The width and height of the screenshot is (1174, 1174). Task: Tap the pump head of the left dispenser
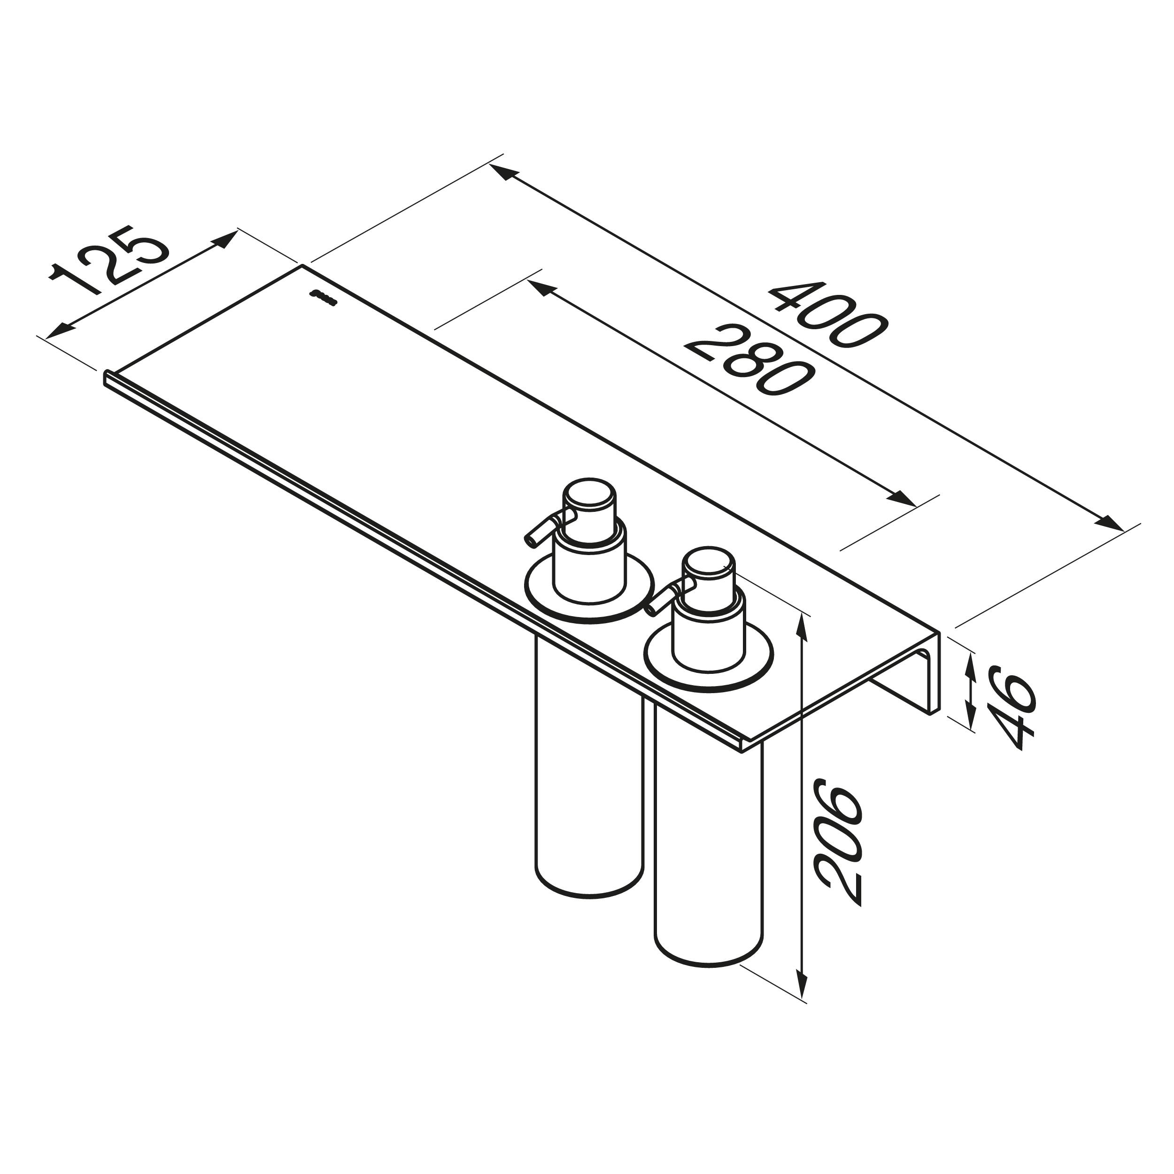(589, 502)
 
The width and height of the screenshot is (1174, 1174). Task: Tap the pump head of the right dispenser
(709, 571)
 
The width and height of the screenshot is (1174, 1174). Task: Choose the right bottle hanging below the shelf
(709, 851)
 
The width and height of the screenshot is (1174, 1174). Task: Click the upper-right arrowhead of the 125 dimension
(221, 239)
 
